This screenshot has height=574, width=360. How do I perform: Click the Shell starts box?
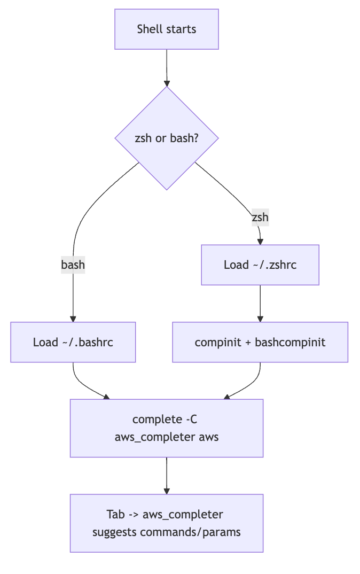(167, 29)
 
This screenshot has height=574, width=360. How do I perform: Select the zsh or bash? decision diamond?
(167, 138)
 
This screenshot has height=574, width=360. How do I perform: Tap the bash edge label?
(73, 265)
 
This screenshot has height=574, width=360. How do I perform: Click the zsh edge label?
(260, 218)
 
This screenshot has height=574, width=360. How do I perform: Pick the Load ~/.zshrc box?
(260, 265)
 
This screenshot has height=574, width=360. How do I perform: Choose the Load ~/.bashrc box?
(73, 342)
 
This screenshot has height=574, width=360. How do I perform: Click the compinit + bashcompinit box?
(260, 342)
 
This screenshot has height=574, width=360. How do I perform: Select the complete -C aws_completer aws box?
(167, 428)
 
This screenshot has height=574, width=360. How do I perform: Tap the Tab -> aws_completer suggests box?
(167, 523)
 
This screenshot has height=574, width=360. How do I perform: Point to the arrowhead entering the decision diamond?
(167, 83)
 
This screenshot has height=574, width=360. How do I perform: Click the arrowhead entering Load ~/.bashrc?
(73, 319)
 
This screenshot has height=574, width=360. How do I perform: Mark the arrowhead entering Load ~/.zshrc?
(260, 242)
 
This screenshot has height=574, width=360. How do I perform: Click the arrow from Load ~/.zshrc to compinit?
(260, 302)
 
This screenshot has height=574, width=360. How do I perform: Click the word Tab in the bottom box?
(116, 515)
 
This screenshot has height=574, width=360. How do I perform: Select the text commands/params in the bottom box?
(190, 532)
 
